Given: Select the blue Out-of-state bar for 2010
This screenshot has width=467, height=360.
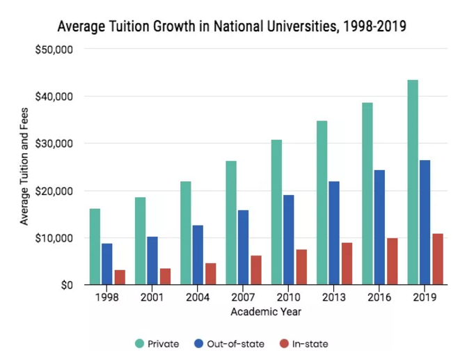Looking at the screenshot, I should pos(288,240).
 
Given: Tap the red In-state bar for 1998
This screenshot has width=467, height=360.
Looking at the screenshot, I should pos(120,277).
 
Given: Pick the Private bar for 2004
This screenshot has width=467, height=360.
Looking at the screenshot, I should pos(186,233).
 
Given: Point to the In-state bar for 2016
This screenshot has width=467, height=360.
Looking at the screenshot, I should pos(393,261).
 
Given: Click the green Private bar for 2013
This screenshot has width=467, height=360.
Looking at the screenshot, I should pos(322,203).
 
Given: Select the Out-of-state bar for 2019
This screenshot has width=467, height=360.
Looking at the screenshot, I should pos(425,222).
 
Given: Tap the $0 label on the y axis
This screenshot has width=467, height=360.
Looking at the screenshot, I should pos(67,285).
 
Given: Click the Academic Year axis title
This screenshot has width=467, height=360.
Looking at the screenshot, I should pos(266,311).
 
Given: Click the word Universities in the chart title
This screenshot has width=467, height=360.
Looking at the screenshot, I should pos(264,26).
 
